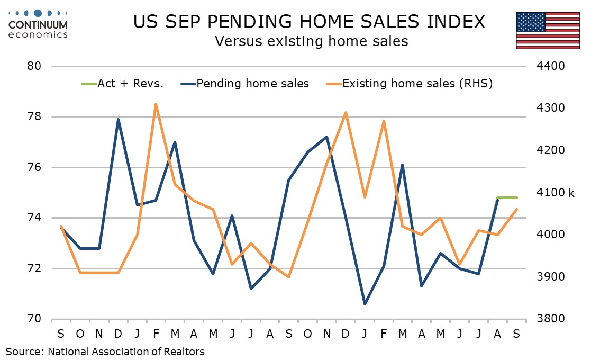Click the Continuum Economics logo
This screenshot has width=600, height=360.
tap(38, 24)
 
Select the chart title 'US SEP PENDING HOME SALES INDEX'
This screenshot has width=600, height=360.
tap(309, 22)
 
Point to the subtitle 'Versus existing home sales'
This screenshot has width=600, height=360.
tap(311, 41)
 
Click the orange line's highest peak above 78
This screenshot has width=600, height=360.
tap(156, 104)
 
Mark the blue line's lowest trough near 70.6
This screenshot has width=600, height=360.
tap(365, 304)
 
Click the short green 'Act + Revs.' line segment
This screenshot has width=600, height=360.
tap(507, 197)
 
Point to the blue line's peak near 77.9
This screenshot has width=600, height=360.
tap(118, 119)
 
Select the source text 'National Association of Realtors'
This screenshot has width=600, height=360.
tap(126, 351)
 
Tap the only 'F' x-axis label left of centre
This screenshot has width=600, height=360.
tap(156, 334)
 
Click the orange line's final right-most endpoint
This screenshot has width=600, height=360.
tap(516, 209)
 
